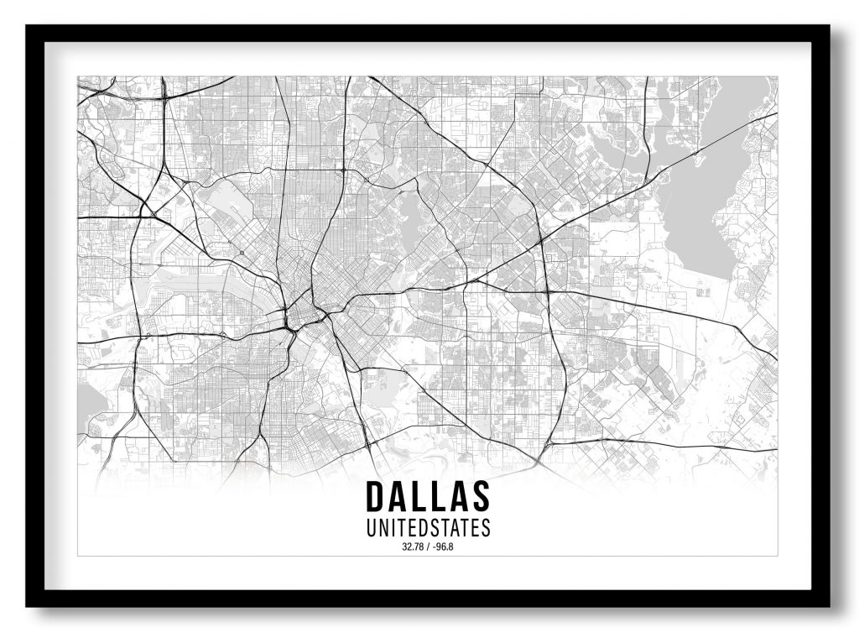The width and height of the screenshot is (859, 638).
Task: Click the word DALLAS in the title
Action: pos(428,497)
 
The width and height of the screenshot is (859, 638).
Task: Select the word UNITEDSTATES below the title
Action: pos(428,528)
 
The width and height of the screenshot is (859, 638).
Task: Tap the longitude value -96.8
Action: pos(441,548)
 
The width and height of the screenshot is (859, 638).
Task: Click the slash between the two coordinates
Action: pos(428,548)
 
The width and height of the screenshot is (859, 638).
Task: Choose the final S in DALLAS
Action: pos(480,497)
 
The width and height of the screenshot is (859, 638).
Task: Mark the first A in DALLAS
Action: pos(397,497)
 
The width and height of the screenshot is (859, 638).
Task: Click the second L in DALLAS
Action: pos(439,497)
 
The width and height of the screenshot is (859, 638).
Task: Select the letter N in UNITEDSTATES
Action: pos(383,528)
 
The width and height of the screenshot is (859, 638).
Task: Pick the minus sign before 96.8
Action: pos(434,548)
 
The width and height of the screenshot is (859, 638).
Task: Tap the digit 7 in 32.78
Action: pos(417,548)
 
